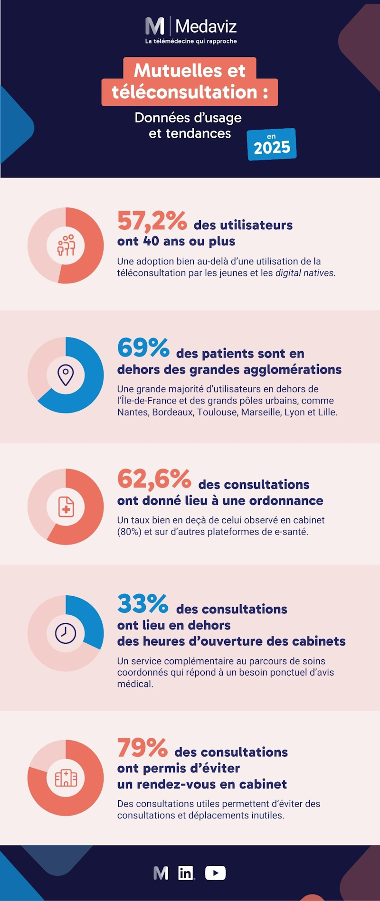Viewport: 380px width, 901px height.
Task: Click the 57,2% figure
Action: pyautogui.click(x=152, y=221)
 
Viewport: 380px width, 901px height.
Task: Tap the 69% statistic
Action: pyautogui.click(x=143, y=348)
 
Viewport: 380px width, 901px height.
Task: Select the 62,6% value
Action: pyautogui.click(x=154, y=479)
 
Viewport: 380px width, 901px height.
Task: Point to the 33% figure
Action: pyautogui.click(x=142, y=604)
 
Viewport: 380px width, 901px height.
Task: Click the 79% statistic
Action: pyautogui.click(x=142, y=748)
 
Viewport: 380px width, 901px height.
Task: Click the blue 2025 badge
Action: pyautogui.click(x=272, y=144)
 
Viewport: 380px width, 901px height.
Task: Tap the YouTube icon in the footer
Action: pyautogui.click(x=215, y=873)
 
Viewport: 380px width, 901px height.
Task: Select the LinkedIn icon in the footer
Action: pyautogui.click(x=186, y=873)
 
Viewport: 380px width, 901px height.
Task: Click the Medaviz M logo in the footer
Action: pyautogui.click(x=161, y=873)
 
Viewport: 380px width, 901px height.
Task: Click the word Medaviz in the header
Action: pyautogui.click(x=206, y=26)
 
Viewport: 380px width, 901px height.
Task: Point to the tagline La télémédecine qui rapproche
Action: pyautogui.click(x=191, y=41)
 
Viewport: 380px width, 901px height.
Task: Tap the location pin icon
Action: pyautogui.click(x=66, y=375)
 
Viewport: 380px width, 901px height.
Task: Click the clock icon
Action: pyautogui.click(x=66, y=633)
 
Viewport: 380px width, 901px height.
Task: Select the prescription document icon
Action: pyautogui.click(x=66, y=507)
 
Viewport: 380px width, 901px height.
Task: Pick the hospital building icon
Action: pyautogui.click(x=66, y=778)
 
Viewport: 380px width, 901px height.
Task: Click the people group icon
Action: pyautogui.click(x=66, y=245)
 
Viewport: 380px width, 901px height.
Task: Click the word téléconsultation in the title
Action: pyautogui.click(x=184, y=92)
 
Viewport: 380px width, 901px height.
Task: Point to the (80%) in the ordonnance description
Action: pyautogui.click(x=129, y=532)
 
